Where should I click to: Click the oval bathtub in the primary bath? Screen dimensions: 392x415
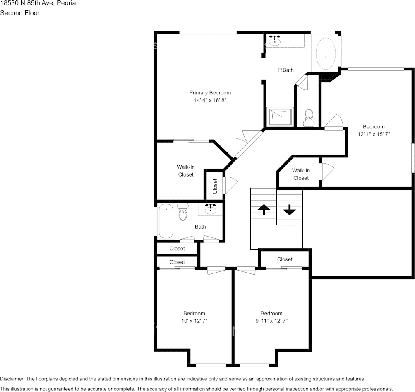[x=326, y=54]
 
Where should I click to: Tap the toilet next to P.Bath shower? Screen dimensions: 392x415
[x=309, y=117]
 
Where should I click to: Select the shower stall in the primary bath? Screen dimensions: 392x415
[x=281, y=116]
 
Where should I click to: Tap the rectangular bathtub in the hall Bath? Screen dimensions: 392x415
[x=166, y=221]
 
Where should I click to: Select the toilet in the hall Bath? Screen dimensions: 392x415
[x=182, y=212]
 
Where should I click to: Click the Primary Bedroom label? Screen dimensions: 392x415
[x=210, y=93]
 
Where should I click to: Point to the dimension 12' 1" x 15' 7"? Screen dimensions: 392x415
[x=374, y=134]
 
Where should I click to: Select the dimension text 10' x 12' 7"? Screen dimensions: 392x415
[x=194, y=321]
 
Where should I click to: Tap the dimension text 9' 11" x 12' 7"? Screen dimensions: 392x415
[x=271, y=321]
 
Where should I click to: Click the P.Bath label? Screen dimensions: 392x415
[x=285, y=70]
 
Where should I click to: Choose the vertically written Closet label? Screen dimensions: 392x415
[x=215, y=186]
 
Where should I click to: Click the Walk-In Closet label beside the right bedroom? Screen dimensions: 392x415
[x=301, y=174]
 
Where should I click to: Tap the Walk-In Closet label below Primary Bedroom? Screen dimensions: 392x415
[x=186, y=171]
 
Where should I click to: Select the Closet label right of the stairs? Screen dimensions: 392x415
[x=285, y=259]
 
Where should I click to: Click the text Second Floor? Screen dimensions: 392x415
[x=20, y=13]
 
